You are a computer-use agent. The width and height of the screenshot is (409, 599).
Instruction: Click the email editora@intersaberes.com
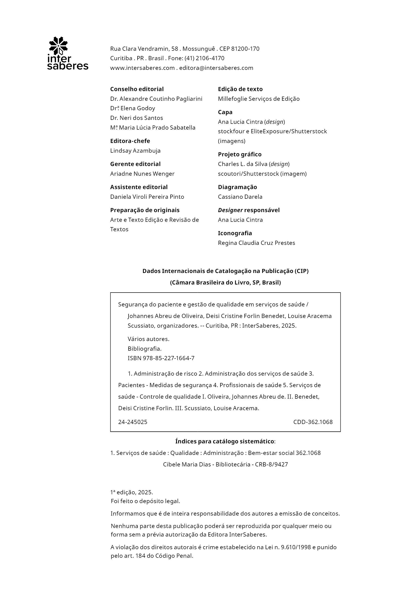[216, 68]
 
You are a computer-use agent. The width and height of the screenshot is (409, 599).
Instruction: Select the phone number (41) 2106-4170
[204, 58]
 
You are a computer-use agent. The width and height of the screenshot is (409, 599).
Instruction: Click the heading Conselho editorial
[137, 89]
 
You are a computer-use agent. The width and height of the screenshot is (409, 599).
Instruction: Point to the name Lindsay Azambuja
[135, 151]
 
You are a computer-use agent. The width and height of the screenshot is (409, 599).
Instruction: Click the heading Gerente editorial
[135, 164]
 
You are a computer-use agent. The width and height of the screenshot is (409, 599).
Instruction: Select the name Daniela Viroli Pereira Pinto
[147, 197]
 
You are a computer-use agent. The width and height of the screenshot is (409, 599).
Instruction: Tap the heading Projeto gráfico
[239, 154]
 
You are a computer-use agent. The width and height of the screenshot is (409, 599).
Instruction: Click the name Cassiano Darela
[240, 197]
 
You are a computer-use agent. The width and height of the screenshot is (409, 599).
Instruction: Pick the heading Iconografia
[235, 233]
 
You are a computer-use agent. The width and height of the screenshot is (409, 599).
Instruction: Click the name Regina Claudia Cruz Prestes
[256, 243]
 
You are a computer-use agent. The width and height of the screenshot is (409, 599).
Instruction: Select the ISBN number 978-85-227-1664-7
[168, 358]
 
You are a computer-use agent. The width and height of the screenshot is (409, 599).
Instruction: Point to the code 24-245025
[133, 422]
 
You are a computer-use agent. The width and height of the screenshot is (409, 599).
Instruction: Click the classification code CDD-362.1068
[313, 422]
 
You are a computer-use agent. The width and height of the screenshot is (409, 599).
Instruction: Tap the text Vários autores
[148, 339]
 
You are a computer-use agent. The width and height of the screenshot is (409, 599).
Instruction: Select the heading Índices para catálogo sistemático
[225, 442]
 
